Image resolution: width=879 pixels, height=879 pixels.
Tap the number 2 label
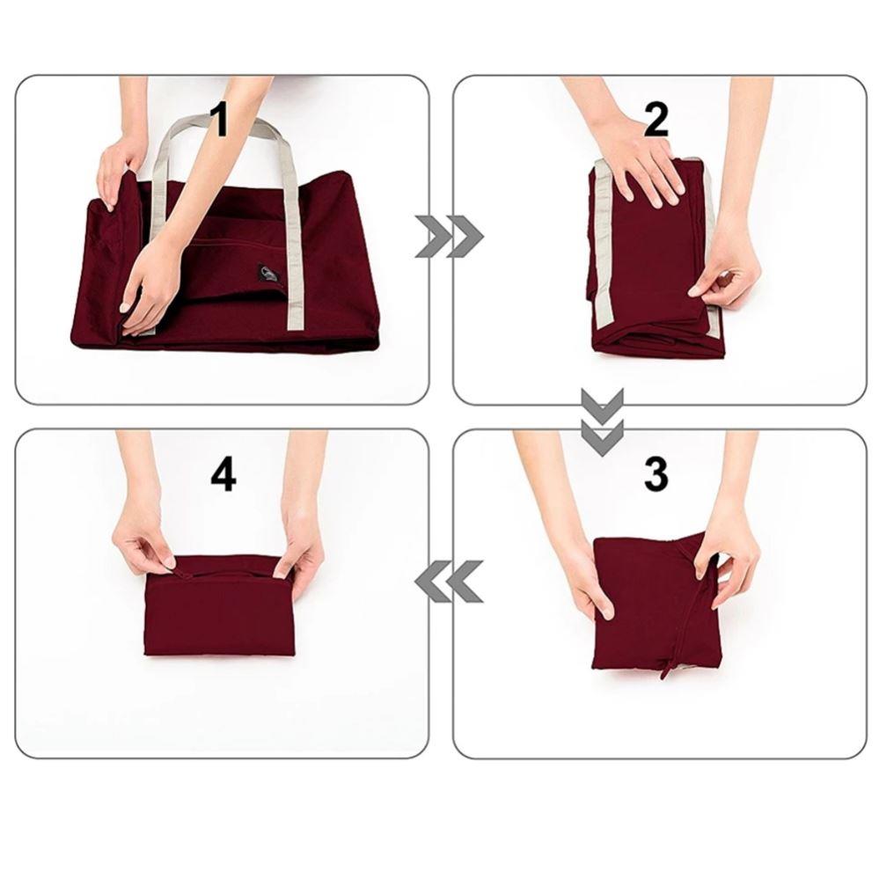click(x=656, y=121)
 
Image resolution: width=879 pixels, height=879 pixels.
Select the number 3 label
click(x=656, y=475)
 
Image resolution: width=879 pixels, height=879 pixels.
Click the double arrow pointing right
click(x=449, y=236)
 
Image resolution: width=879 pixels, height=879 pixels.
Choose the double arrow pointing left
click(x=449, y=581)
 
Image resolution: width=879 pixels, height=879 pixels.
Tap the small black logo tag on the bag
click(x=267, y=274)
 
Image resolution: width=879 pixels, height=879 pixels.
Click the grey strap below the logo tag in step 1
click(x=294, y=308)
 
